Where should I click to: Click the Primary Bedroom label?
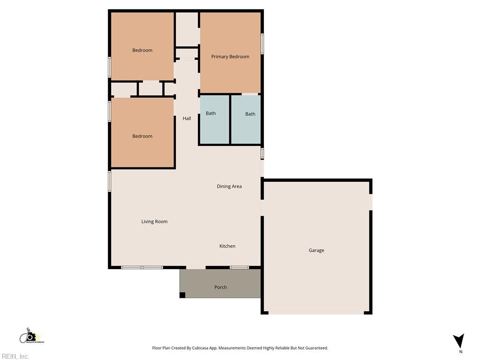coord(230,57)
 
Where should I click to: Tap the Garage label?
coord(316,250)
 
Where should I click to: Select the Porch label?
coord(220,287)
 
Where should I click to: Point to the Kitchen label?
coord(227,246)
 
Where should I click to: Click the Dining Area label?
coord(229,187)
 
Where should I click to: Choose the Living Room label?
coord(154,222)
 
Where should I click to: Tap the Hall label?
coord(187,119)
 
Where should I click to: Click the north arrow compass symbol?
coord(459,341)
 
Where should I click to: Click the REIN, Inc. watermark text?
coord(15,357)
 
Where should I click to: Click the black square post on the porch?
coord(182,295)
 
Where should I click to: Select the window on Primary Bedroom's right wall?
coord(262,44)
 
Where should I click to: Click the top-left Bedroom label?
coord(142,51)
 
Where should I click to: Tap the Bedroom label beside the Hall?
coord(142,136)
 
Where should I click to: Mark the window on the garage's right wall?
coord(370,202)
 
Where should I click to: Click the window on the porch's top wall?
coord(239,268)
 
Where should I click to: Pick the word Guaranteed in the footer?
coord(315,348)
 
